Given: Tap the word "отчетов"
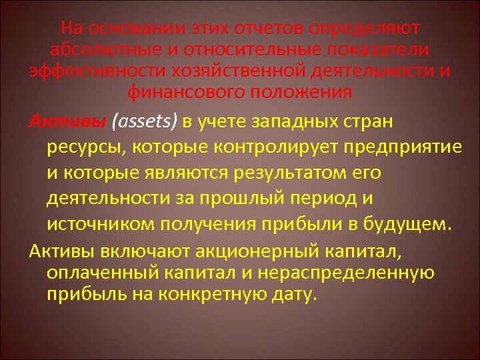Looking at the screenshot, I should (265, 29).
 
